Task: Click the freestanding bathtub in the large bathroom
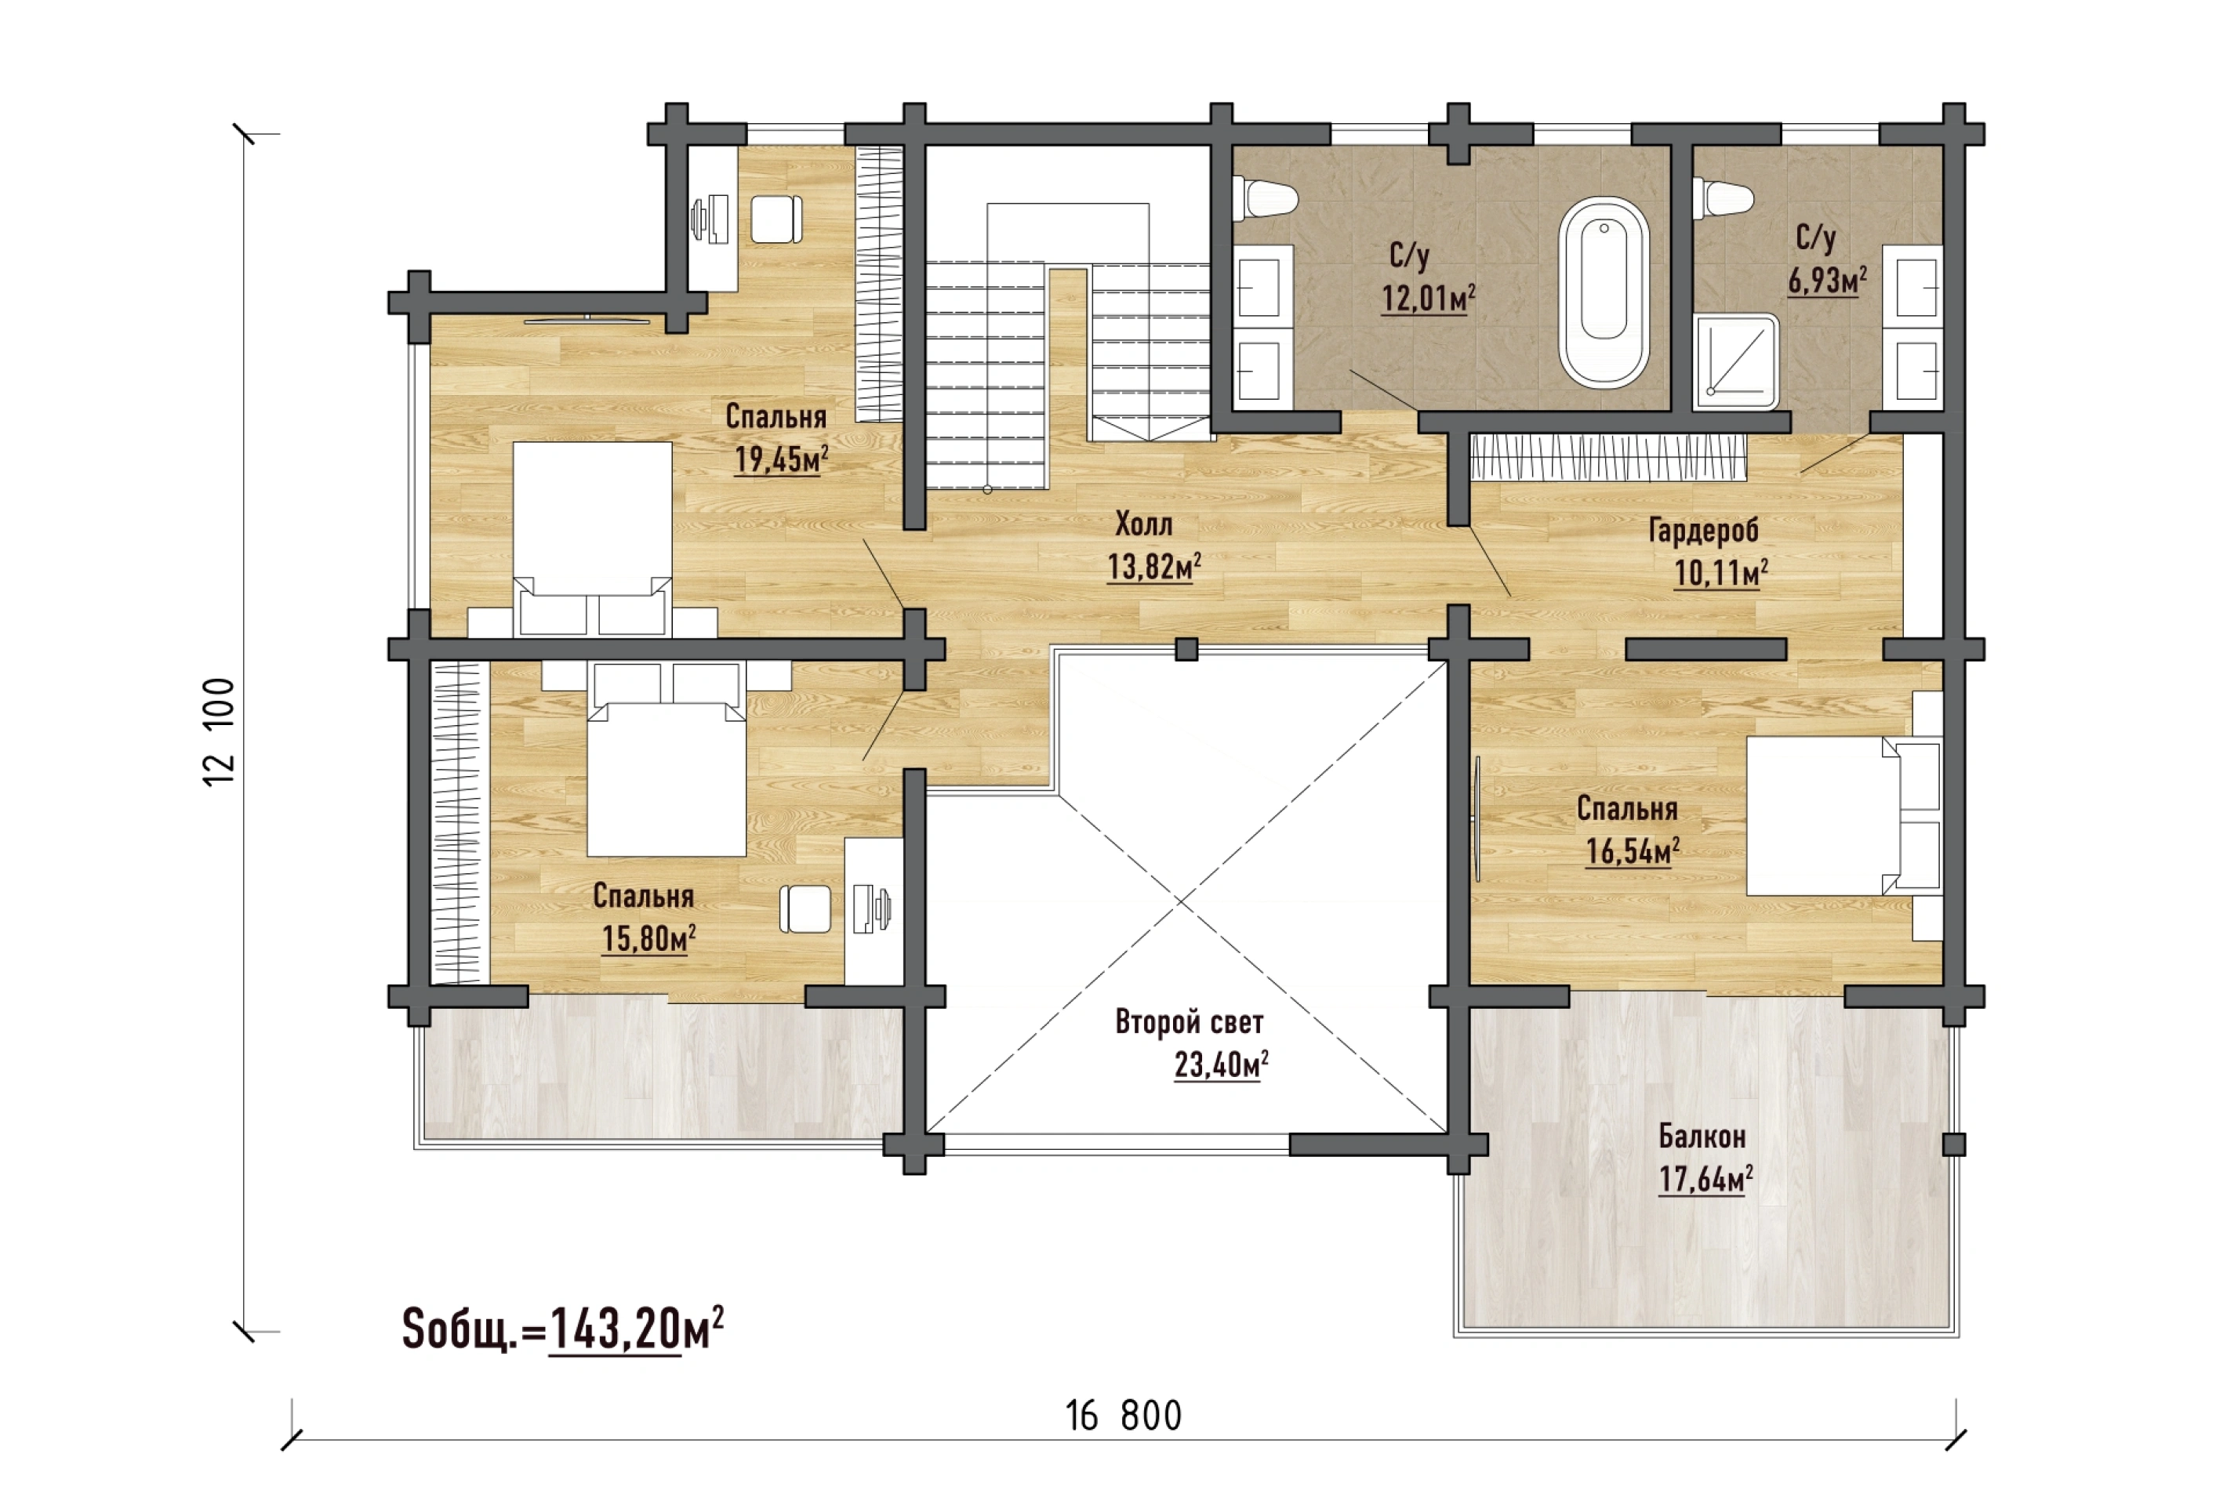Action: pyautogui.click(x=1604, y=292)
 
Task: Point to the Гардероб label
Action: pyautogui.click(x=1704, y=531)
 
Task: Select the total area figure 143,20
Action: pyautogui.click(x=615, y=1329)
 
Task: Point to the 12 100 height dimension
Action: pyautogui.click(x=219, y=731)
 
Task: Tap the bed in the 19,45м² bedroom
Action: pyautogui.click(x=592, y=539)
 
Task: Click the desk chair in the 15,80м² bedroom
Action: pyautogui.click(x=805, y=908)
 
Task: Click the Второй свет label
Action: pyautogui.click(x=1189, y=1022)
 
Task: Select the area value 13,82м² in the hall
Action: pyautogui.click(x=1154, y=567)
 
